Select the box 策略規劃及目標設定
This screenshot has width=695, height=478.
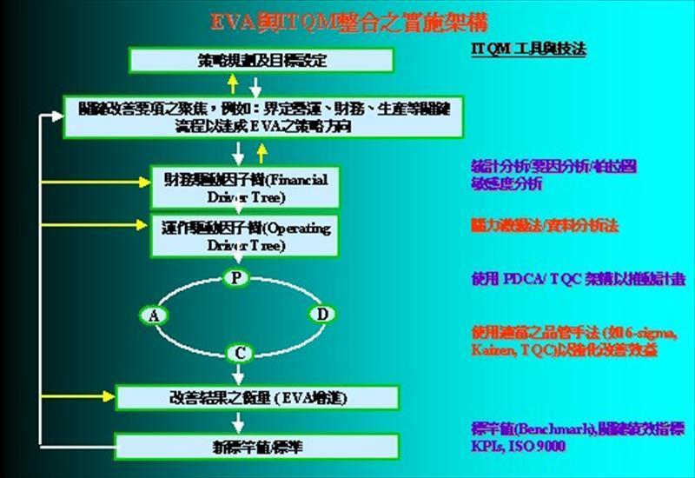pos(261,60)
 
